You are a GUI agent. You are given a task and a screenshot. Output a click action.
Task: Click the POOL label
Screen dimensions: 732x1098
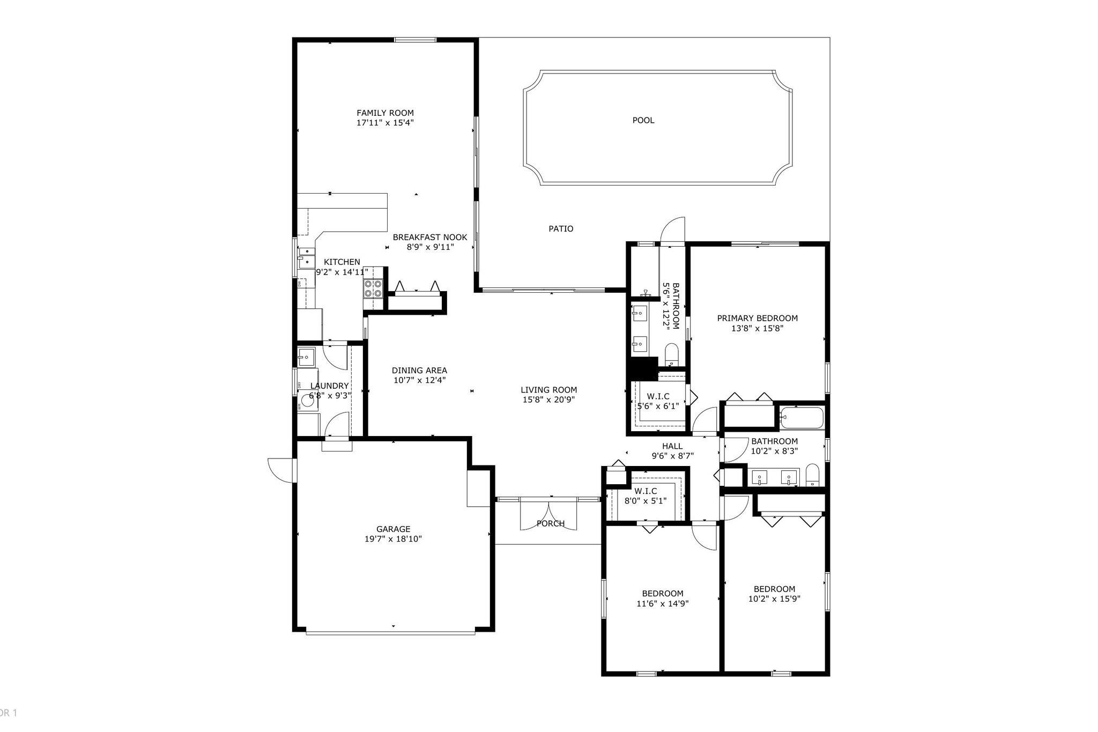(643, 120)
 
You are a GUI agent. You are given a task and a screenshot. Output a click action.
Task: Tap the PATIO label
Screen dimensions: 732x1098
(561, 228)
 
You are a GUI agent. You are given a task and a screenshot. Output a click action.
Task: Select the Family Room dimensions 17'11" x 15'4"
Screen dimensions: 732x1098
(385, 123)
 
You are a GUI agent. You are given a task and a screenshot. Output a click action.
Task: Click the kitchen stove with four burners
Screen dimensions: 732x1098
(373, 289)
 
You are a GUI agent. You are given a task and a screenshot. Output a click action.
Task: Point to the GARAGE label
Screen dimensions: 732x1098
(393, 529)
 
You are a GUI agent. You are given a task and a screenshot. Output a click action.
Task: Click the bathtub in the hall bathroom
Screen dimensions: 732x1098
(802, 418)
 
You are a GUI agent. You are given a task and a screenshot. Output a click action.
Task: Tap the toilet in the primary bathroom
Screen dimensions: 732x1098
(672, 354)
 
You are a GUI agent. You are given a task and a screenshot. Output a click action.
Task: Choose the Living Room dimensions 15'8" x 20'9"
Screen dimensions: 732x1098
(548, 400)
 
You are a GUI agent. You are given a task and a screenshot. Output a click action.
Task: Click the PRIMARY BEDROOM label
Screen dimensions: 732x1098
(757, 318)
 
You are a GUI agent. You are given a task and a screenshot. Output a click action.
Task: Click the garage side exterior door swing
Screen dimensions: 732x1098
(281, 471)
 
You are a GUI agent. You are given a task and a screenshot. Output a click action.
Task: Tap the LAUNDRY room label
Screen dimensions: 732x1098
(329, 386)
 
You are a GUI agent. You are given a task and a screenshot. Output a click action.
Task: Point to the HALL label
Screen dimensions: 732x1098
(672, 446)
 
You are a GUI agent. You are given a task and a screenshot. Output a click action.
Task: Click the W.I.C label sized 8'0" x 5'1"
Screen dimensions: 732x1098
(646, 491)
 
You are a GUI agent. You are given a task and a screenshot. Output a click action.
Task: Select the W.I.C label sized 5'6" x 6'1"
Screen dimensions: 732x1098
(658, 396)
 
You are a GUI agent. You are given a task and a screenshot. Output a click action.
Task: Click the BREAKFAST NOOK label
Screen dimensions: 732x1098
(429, 237)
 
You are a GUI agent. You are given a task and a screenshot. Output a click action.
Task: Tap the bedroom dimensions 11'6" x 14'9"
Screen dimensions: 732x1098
(662, 603)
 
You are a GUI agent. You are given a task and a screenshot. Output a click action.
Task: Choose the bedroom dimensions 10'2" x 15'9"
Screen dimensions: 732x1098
(774, 598)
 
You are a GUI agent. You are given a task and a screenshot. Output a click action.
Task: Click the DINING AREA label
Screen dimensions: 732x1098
(419, 370)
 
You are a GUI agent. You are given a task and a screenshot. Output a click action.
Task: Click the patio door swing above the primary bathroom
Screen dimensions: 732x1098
(673, 231)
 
